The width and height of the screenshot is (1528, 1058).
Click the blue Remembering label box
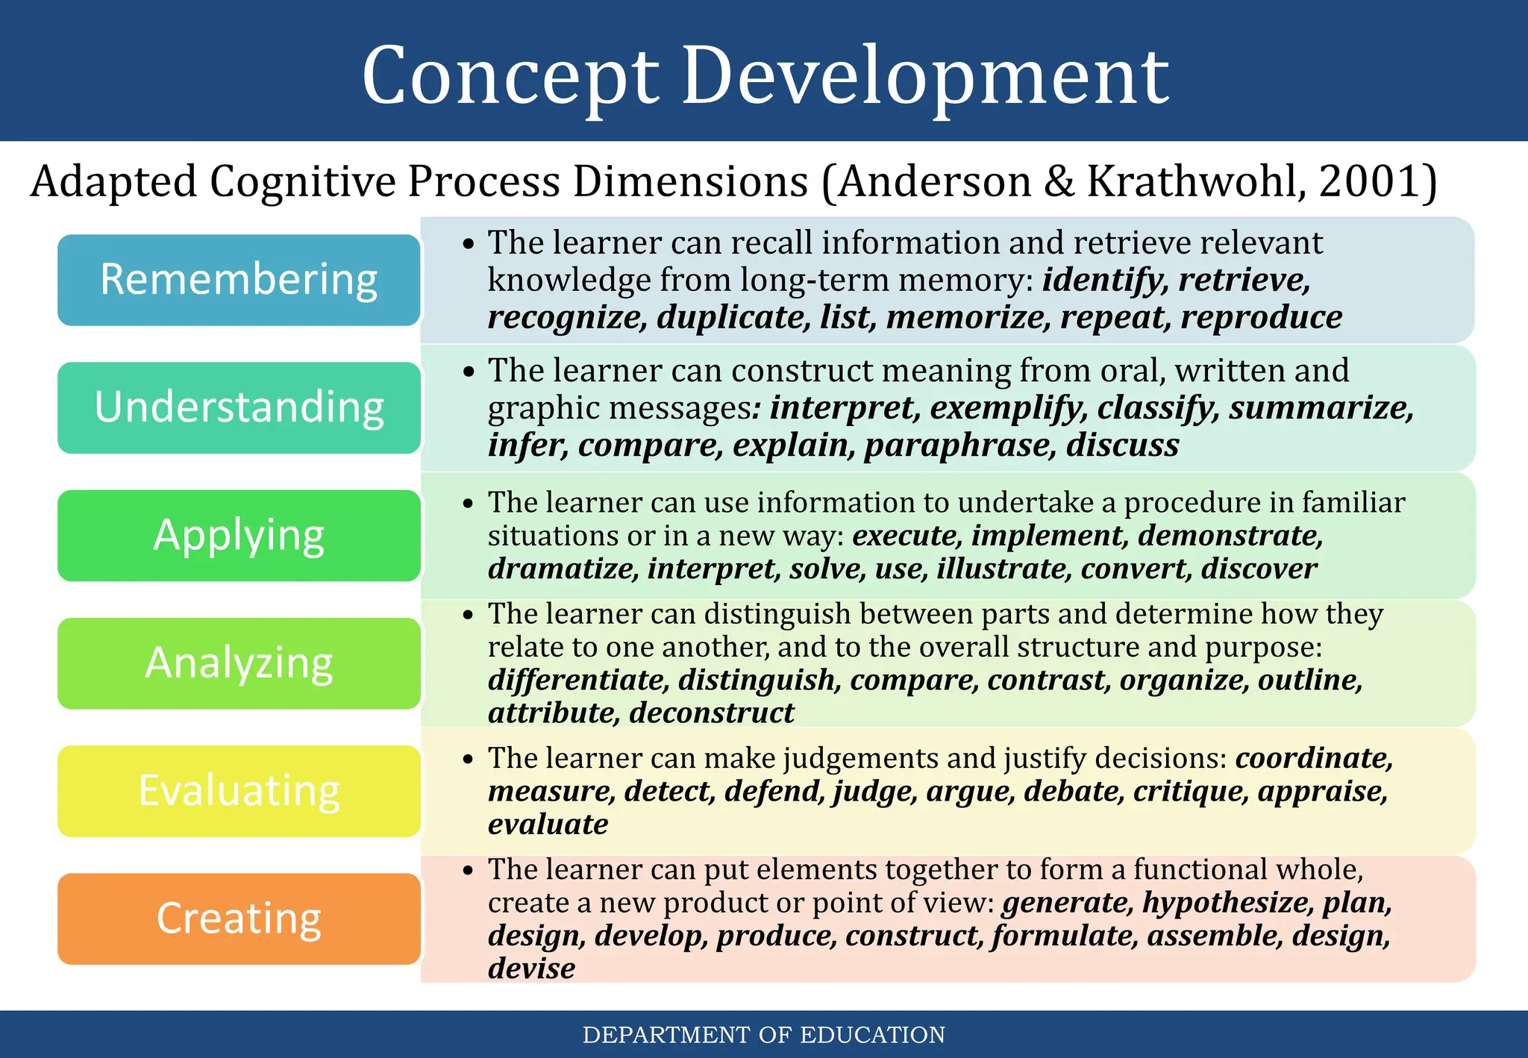click(239, 280)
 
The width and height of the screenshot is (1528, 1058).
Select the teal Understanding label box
click(239, 407)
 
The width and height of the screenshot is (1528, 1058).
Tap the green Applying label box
click(239, 535)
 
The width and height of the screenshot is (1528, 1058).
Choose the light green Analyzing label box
click(239, 663)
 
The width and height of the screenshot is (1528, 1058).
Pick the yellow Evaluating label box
click(239, 790)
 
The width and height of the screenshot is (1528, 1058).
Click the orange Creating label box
click(239, 918)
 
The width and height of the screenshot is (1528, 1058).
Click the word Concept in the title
click(510, 77)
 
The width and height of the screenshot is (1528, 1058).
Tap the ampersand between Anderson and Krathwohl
click(1059, 181)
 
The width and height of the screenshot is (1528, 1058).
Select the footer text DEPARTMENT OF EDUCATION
click(763, 1035)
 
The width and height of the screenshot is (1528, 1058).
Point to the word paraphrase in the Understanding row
click(959, 445)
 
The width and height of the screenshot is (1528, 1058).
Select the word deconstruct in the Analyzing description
click(712, 713)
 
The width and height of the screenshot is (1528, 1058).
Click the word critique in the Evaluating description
click(1190, 791)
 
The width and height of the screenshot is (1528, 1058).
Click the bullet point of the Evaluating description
click(468, 760)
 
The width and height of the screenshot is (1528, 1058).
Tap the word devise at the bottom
click(531, 968)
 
